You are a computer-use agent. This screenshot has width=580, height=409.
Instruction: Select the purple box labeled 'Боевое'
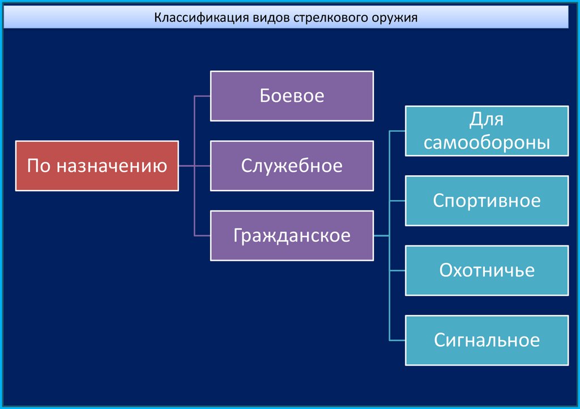coord(292,96)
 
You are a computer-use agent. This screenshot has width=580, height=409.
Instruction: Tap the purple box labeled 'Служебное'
coord(292,166)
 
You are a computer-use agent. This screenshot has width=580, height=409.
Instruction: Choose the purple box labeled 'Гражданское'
coord(292,235)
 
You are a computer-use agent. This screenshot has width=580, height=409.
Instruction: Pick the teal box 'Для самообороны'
coord(487,131)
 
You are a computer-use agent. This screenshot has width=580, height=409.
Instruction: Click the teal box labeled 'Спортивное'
coord(487,200)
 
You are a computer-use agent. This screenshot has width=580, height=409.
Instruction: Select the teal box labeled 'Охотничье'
coord(487,270)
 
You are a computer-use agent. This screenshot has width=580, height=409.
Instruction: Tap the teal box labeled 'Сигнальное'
coord(487,340)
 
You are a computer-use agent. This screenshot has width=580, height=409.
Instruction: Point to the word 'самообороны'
coord(487,142)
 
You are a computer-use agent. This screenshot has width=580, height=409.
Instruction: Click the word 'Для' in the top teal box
coord(487,120)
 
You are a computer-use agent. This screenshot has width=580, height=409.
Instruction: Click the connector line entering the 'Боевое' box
coord(202,96)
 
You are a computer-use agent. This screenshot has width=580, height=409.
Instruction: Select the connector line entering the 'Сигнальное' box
coord(398,341)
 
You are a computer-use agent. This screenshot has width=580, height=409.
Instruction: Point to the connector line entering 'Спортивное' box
coord(398,201)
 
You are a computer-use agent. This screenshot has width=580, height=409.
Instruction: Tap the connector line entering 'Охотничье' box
coord(398,270)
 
